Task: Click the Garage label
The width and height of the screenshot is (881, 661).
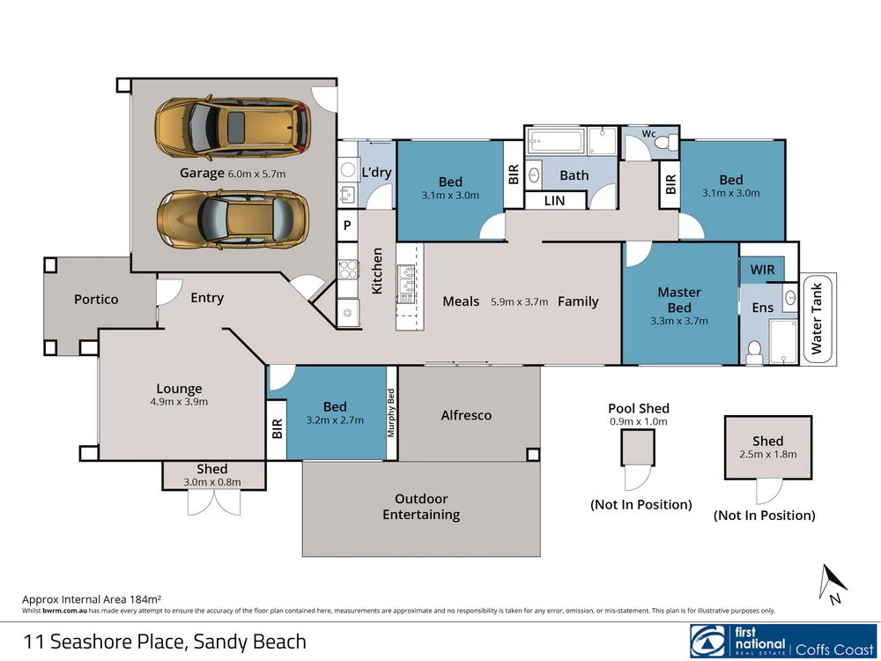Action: (x=202, y=173)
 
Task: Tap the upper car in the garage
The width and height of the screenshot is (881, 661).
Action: (x=233, y=126)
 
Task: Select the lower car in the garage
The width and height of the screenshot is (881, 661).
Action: (x=233, y=218)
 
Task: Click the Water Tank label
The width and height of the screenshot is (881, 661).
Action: (x=817, y=318)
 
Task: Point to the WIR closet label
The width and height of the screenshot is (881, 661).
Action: (x=762, y=270)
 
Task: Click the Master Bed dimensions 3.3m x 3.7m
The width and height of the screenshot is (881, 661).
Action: (x=678, y=322)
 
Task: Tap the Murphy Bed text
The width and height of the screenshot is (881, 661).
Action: (x=391, y=413)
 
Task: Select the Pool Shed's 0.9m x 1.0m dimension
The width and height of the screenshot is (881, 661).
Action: (x=638, y=421)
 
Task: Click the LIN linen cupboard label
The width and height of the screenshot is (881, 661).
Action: (x=554, y=201)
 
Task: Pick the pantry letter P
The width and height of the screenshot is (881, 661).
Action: (x=347, y=226)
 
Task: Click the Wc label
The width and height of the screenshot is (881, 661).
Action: (x=648, y=134)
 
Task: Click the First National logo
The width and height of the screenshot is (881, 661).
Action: (x=783, y=641)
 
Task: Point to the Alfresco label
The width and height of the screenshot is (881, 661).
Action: (x=466, y=415)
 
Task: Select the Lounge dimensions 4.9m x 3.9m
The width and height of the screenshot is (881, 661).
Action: (x=179, y=402)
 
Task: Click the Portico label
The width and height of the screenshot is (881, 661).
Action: (x=96, y=299)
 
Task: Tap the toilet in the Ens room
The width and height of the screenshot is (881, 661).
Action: (x=755, y=352)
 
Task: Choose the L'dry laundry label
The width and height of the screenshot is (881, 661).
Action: (x=376, y=172)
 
